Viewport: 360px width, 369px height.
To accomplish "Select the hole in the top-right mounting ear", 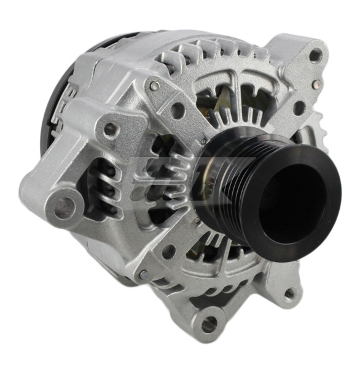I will pyautogui.click(x=315, y=55).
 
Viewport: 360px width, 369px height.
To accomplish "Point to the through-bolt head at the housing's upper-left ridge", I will pyautogui.click(x=154, y=86).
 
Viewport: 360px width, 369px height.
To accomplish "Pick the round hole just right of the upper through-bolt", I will pyautogui.click(x=177, y=111).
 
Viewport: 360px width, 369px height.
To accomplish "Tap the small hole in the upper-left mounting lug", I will pyautogui.click(x=111, y=129).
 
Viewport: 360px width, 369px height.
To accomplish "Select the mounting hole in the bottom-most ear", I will pyautogui.click(x=208, y=323).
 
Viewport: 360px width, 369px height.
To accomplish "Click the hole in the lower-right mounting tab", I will pyautogui.click(x=289, y=293).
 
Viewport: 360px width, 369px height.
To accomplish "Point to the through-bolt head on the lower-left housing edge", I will pyautogui.click(x=143, y=274).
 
